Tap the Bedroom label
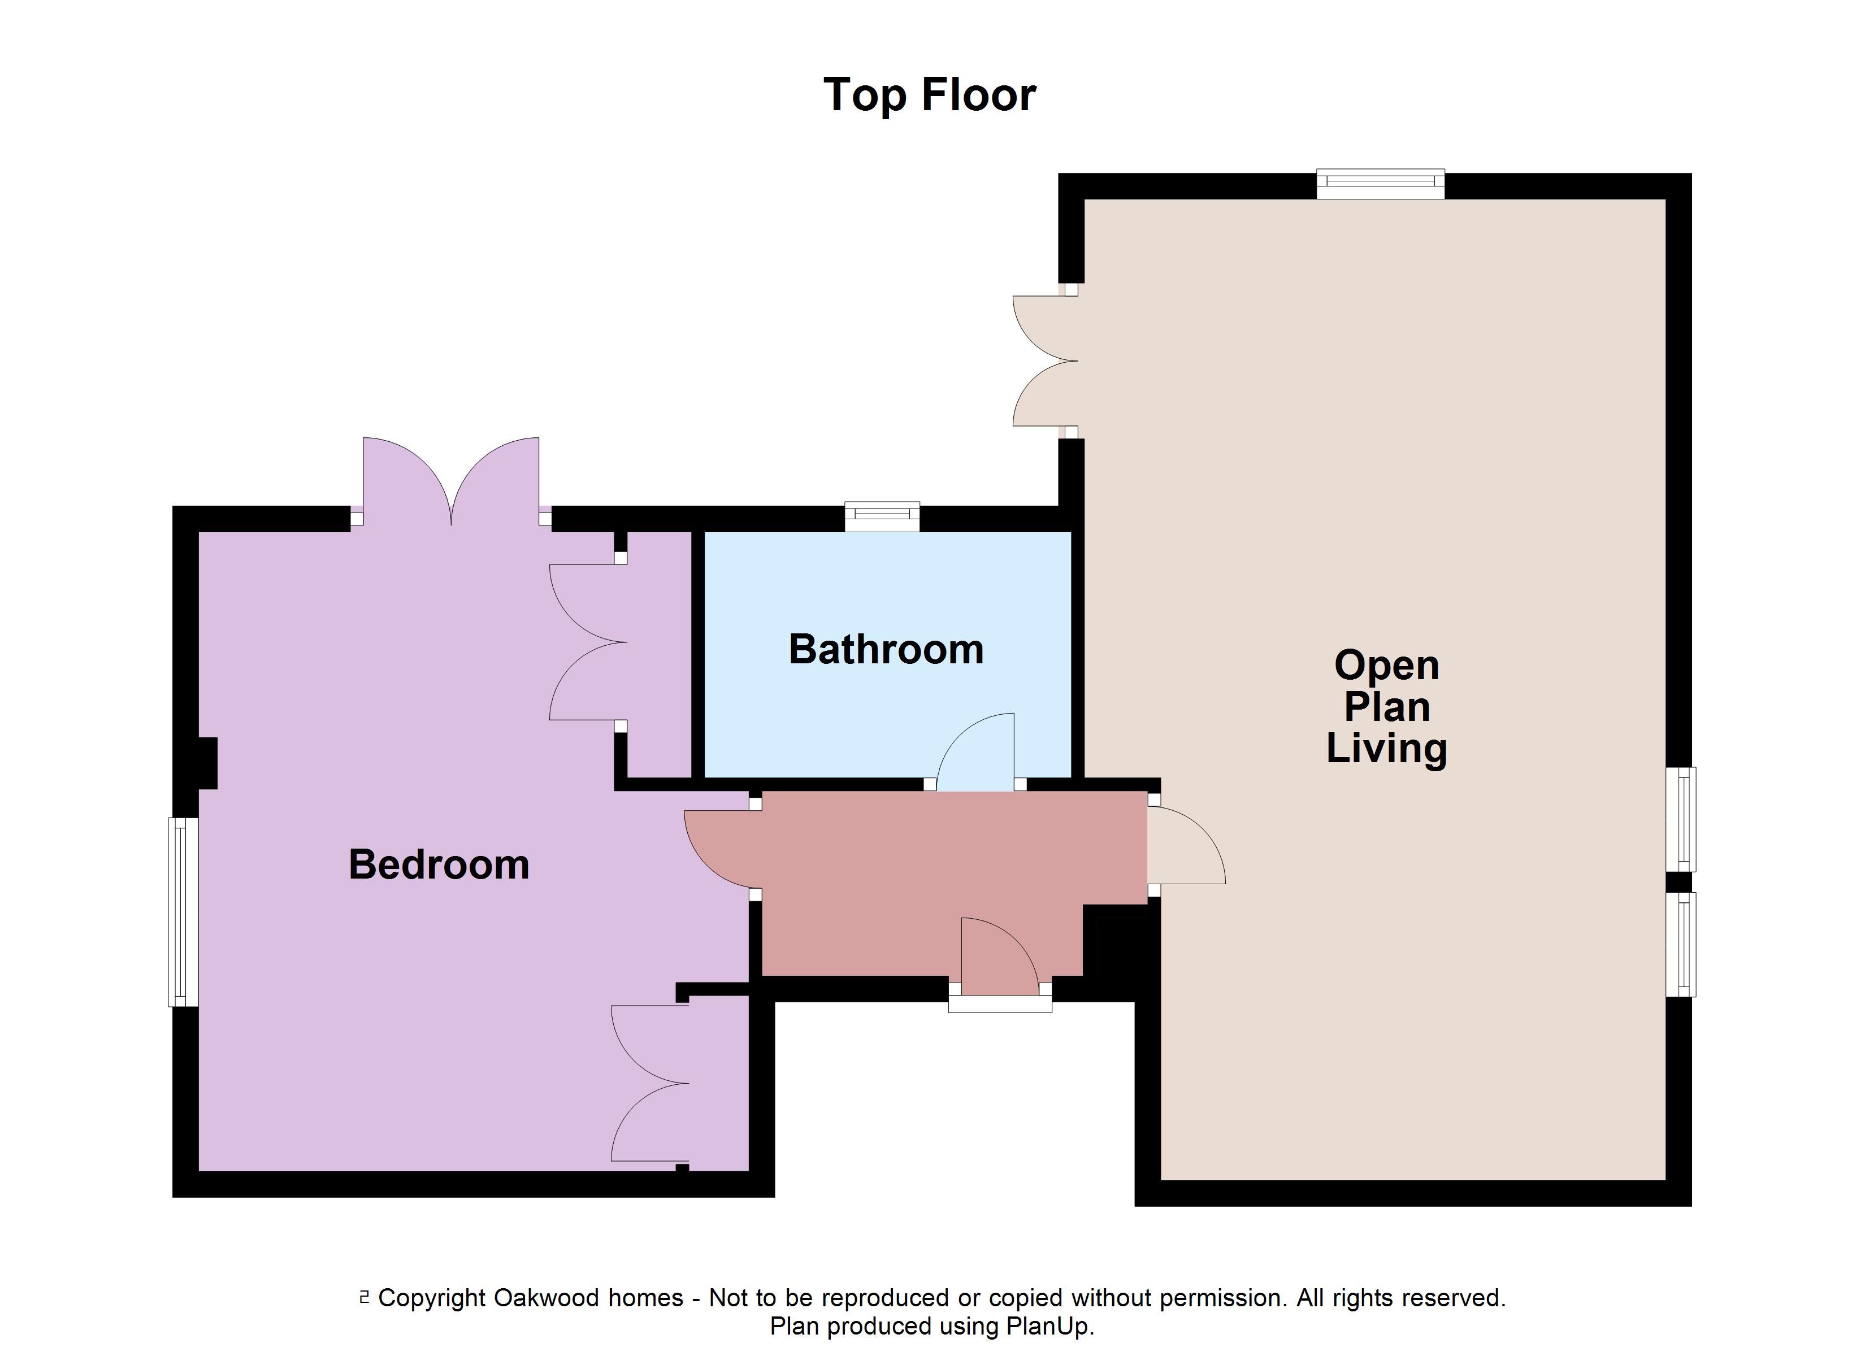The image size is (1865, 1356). pos(439,864)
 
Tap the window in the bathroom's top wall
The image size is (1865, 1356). pos(882,516)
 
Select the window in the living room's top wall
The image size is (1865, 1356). pos(1381,184)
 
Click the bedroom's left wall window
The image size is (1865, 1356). pos(183,912)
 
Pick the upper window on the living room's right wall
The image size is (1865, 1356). pos(1681,819)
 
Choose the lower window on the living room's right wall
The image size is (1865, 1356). pos(1681,945)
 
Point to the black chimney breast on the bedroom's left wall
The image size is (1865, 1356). pos(207,763)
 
